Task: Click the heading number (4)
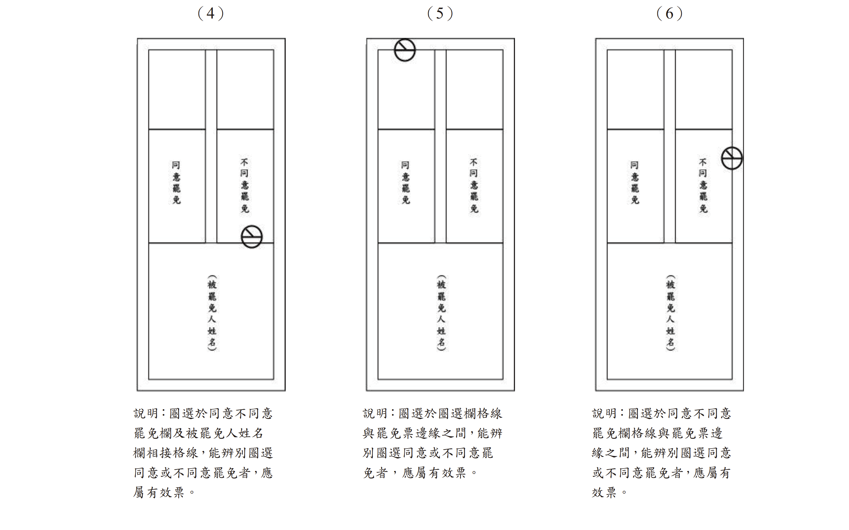coord(211,14)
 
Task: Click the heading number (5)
coord(440,14)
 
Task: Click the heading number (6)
coord(669,14)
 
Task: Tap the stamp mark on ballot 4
coord(252,237)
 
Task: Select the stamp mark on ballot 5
coord(405,50)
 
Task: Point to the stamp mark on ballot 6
coord(732,158)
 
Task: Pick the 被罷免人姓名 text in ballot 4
coord(212,313)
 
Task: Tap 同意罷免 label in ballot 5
coord(406,183)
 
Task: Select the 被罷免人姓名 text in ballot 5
coord(441,313)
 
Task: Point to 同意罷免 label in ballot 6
coord(635,183)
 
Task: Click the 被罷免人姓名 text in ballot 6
coord(670,313)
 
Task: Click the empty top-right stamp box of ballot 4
coord(245,90)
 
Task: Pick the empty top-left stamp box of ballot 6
coord(636,90)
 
